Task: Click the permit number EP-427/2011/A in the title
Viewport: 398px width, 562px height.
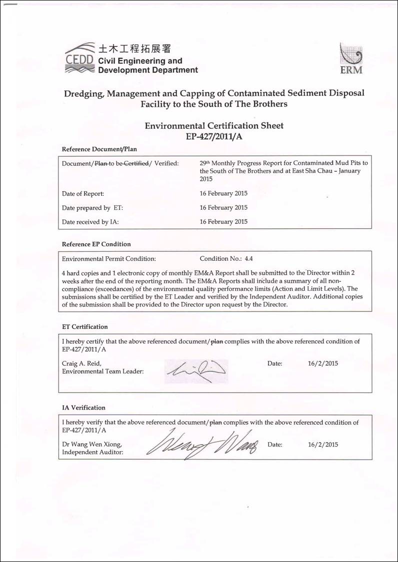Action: pyautogui.click(x=214, y=136)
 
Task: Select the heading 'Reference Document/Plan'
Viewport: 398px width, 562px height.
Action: pyautogui.click(x=99, y=149)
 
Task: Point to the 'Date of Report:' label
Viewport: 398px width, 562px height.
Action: pyautogui.click(x=83, y=193)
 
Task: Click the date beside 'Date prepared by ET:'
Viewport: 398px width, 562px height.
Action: pyautogui.click(x=223, y=207)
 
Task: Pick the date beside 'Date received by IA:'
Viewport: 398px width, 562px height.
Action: pyautogui.click(x=223, y=221)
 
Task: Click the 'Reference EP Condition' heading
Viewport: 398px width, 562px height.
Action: pyautogui.click(x=96, y=244)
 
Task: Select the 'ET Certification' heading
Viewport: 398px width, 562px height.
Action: pyautogui.click(x=84, y=327)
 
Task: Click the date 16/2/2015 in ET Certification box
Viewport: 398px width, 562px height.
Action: pyautogui.click(x=323, y=363)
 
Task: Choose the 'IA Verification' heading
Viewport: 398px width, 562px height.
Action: pyautogui.click(x=83, y=408)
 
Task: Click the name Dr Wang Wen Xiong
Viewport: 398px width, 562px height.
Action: pyautogui.click(x=91, y=444)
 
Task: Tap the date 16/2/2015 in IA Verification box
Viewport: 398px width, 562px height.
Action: pyautogui.click(x=323, y=444)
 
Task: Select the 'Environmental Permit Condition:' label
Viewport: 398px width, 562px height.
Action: pyautogui.click(x=109, y=259)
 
